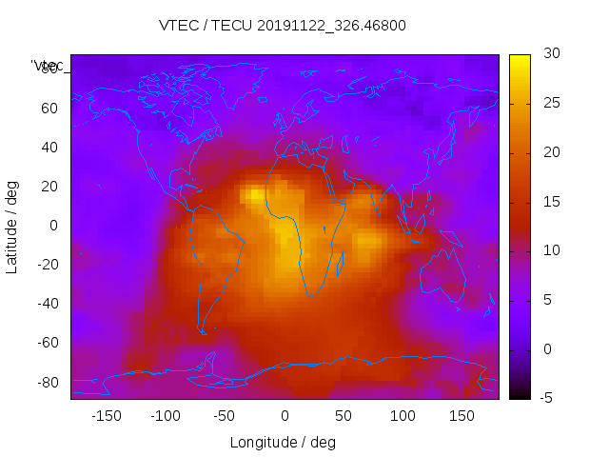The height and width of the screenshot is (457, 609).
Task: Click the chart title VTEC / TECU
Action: click(283, 26)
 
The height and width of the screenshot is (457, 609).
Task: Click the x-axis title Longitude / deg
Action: click(283, 442)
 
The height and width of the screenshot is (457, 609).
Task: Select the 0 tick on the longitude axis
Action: click(284, 415)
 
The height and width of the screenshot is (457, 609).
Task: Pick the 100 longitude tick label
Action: click(403, 415)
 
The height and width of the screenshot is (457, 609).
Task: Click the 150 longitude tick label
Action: click(462, 415)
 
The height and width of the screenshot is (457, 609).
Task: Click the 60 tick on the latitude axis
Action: click(49, 108)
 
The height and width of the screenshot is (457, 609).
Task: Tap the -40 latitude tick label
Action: click(47, 304)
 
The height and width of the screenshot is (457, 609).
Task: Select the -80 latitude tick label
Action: click(47, 382)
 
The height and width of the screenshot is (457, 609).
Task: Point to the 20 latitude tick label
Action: click(49, 186)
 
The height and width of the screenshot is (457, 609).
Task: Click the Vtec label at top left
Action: click(48, 66)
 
